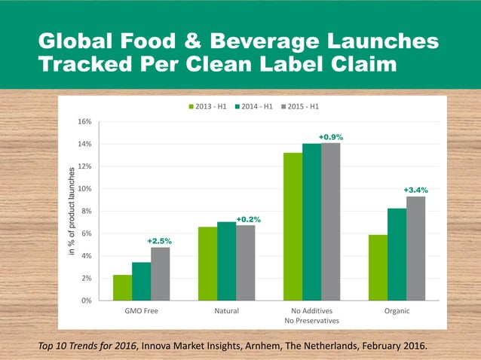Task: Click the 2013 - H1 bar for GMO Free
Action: click(122, 288)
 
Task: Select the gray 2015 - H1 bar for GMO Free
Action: click(160, 274)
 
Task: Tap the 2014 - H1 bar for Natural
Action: click(226, 261)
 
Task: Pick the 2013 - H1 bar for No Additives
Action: click(293, 227)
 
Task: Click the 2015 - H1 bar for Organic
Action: click(415, 249)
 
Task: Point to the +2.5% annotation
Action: click(159, 241)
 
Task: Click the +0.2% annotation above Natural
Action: click(249, 219)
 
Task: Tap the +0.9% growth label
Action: click(330, 137)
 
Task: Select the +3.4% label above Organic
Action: click(415, 190)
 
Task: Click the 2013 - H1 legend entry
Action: click(211, 107)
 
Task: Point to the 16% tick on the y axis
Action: click(85, 121)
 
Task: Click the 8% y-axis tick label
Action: click(87, 211)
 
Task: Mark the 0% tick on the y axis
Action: click(87, 301)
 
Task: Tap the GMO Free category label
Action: click(141, 310)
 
